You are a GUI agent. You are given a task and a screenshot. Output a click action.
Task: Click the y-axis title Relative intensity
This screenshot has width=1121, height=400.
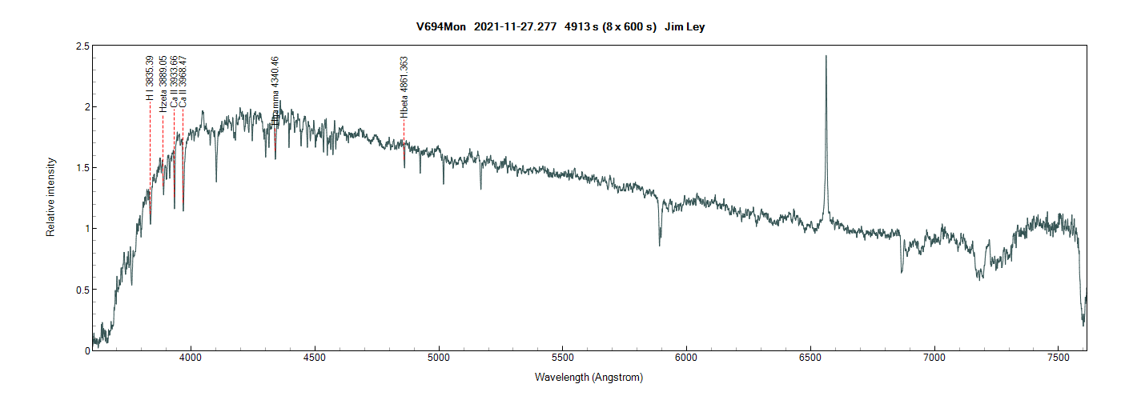pos(51,196)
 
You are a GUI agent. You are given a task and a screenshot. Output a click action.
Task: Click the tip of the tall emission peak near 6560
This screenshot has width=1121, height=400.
pos(826,56)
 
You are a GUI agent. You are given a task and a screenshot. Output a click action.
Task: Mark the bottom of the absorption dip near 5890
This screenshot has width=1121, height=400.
pos(660,245)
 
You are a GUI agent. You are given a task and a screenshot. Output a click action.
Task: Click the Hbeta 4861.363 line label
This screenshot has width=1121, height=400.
pos(404,87)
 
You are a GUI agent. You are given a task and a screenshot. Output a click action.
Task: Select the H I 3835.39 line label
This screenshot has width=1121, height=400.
pos(150,78)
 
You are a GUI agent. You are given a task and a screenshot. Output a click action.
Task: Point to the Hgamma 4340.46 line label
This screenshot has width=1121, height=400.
pos(275,90)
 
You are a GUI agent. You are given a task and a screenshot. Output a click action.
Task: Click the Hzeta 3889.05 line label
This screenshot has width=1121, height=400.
pos(163,82)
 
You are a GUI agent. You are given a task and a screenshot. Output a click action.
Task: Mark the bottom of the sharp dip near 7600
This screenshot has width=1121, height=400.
pos(1083,325)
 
